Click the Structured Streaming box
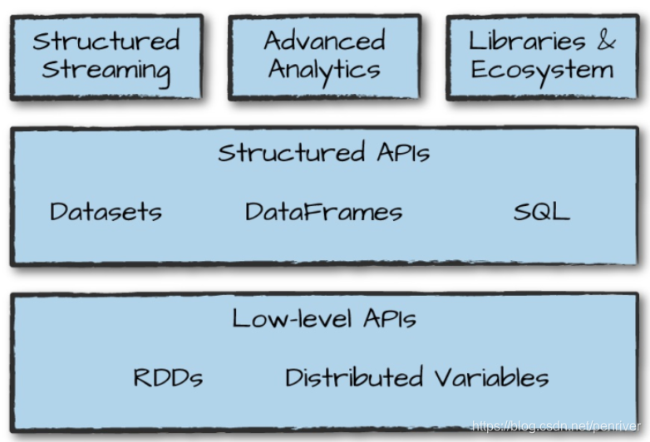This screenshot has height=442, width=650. click(106, 56)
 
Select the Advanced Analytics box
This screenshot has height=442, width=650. click(324, 56)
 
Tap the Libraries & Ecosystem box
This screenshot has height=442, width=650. click(542, 56)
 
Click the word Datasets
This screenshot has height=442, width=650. click(106, 211)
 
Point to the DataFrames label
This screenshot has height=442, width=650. click(323, 211)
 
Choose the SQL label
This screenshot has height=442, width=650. click(541, 211)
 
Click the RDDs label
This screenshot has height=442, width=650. click(168, 378)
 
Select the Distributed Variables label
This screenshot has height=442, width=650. click(416, 378)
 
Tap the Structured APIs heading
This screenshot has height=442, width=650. click(324, 153)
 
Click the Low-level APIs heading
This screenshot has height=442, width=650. click(324, 318)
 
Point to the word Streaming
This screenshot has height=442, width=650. click(106, 70)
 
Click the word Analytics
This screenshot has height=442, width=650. click(324, 70)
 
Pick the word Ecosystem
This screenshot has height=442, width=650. click(542, 70)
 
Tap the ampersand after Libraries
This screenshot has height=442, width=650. click(606, 41)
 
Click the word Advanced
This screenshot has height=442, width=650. click(324, 41)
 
